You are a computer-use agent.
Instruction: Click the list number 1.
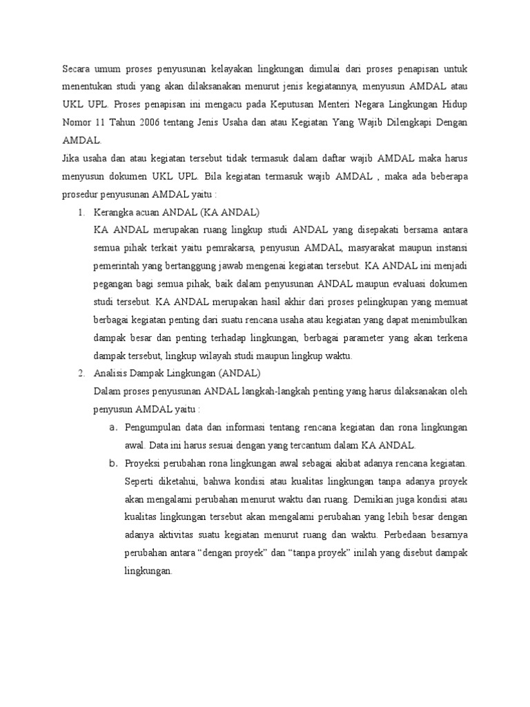point(80,212)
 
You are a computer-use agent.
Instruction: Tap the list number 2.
point(80,374)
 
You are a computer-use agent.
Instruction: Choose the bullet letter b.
point(112,463)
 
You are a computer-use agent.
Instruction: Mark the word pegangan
point(115,284)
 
